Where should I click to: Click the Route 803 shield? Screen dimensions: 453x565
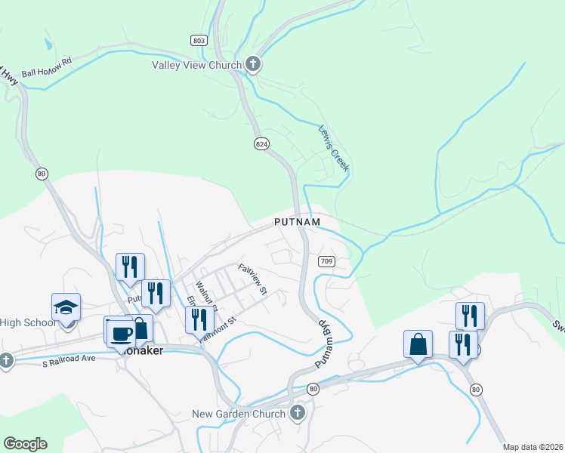tap(199, 40)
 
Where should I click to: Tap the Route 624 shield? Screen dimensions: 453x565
tap(261, 143)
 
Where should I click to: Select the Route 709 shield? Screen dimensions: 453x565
tap(326, 261)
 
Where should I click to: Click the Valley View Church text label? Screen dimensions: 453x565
tap(196, 65)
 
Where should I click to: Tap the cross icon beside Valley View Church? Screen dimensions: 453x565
tap(253, 65)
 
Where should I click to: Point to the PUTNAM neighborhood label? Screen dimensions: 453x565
tap(297, 223)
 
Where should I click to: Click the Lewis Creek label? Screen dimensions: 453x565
tap(333, 148)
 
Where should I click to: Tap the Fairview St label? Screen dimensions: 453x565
tap(253, 279)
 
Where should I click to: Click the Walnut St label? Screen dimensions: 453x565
tap(205, 296)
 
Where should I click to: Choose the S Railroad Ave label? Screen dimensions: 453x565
tap(67, 358)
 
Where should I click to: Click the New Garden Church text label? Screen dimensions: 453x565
tap(239, 413)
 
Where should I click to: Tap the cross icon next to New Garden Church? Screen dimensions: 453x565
tap(298, 413)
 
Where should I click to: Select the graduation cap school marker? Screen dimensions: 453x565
tap(66, 308)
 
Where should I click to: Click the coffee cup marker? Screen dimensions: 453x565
tap(122, 332)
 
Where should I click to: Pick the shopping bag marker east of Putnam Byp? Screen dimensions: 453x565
tap(418, 344)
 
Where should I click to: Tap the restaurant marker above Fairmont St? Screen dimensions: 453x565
tap(199, 320)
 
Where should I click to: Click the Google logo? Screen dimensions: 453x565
tap(25, 444)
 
